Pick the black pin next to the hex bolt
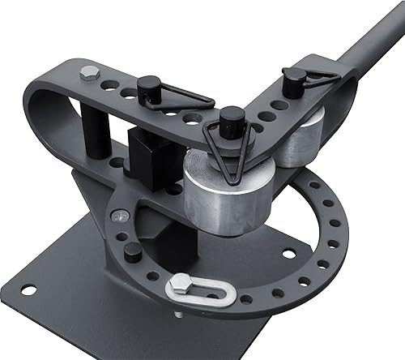tap(149, 87)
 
